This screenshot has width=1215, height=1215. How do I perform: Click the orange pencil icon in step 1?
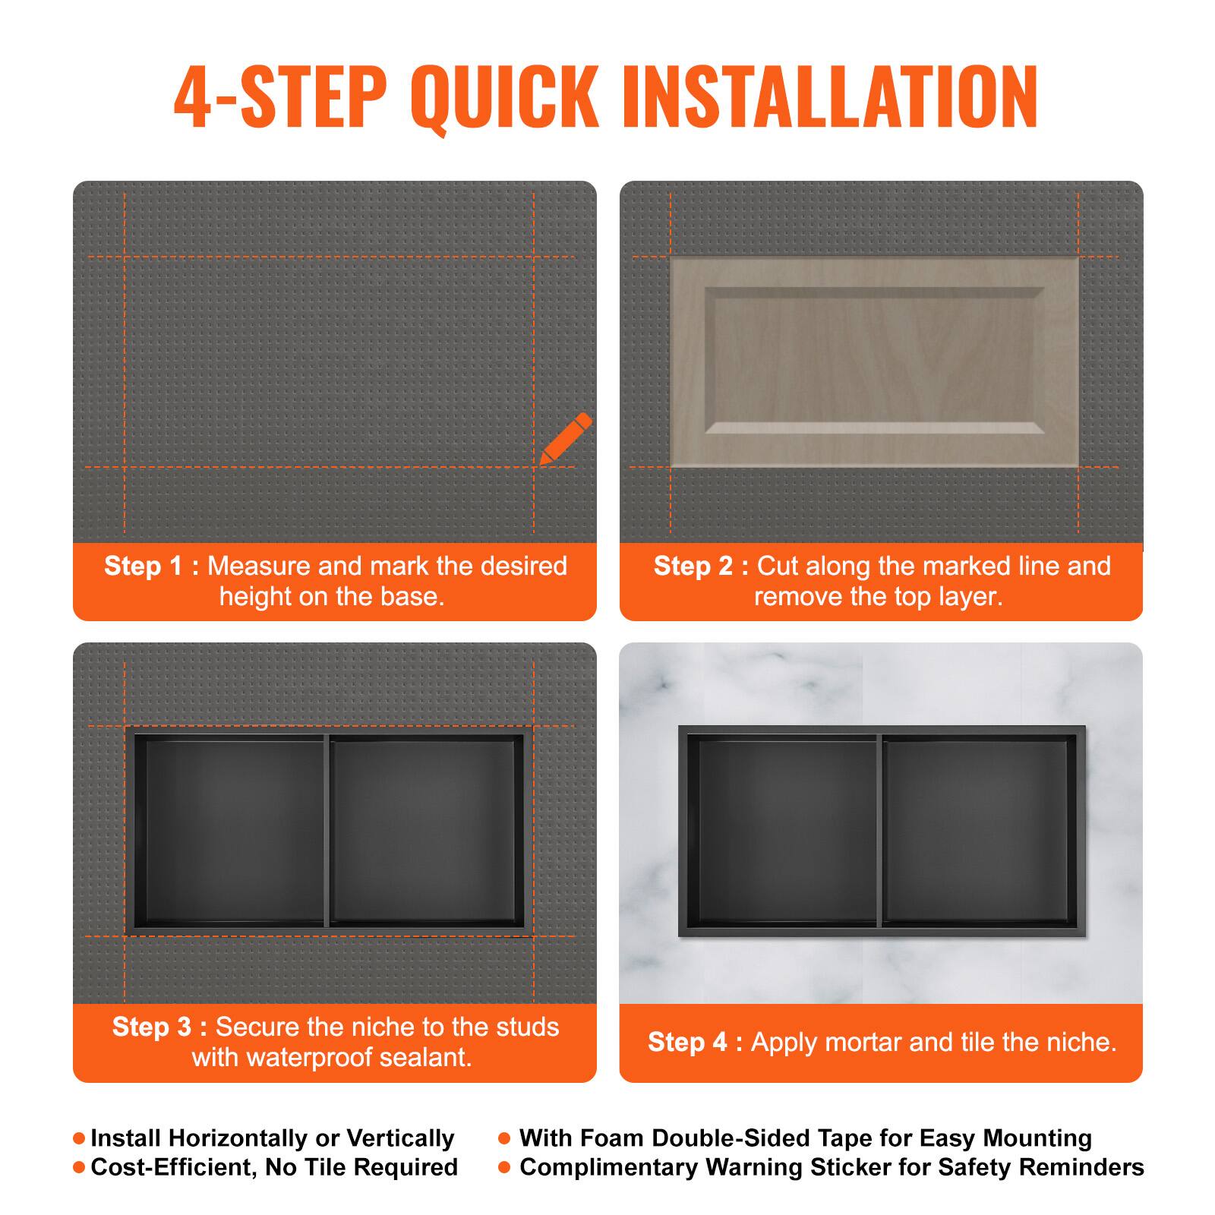click(565, 439)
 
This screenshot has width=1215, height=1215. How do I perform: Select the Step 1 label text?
click(151, 566)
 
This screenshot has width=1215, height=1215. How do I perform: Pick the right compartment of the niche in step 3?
click(425, 832)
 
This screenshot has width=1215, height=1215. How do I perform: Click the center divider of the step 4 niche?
click(880, 832)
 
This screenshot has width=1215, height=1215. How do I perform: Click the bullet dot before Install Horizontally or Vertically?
click(79, 1139)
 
